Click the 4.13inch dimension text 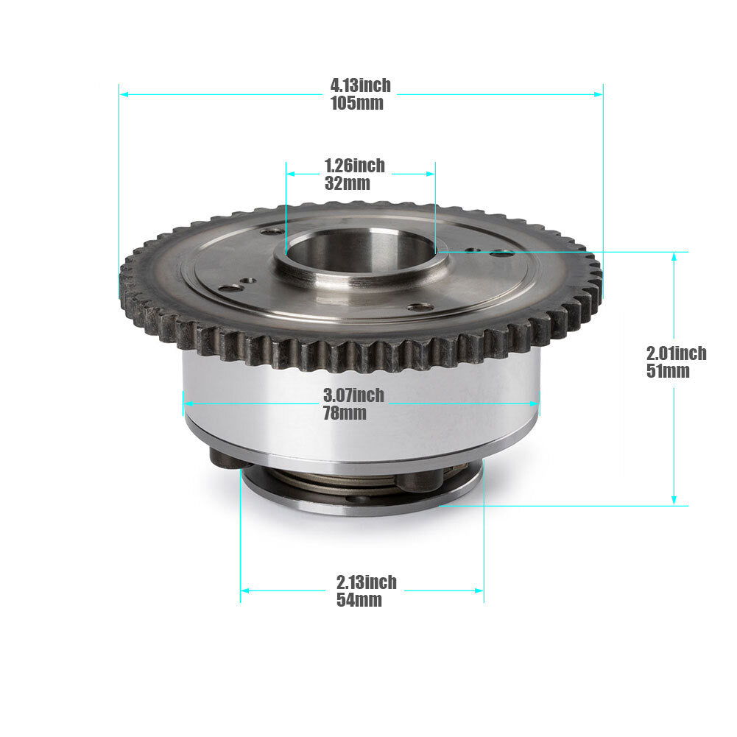click(361, 85)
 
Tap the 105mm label click(357, 103)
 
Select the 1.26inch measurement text click(355, 166)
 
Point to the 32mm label click(348, 183)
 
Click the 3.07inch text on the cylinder click(353, 395)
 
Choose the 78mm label click(345, 413)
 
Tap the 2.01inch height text click(677, 353)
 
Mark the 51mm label click(668, 371)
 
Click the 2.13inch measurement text click(367, 582)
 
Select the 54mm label click(359, 600)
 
